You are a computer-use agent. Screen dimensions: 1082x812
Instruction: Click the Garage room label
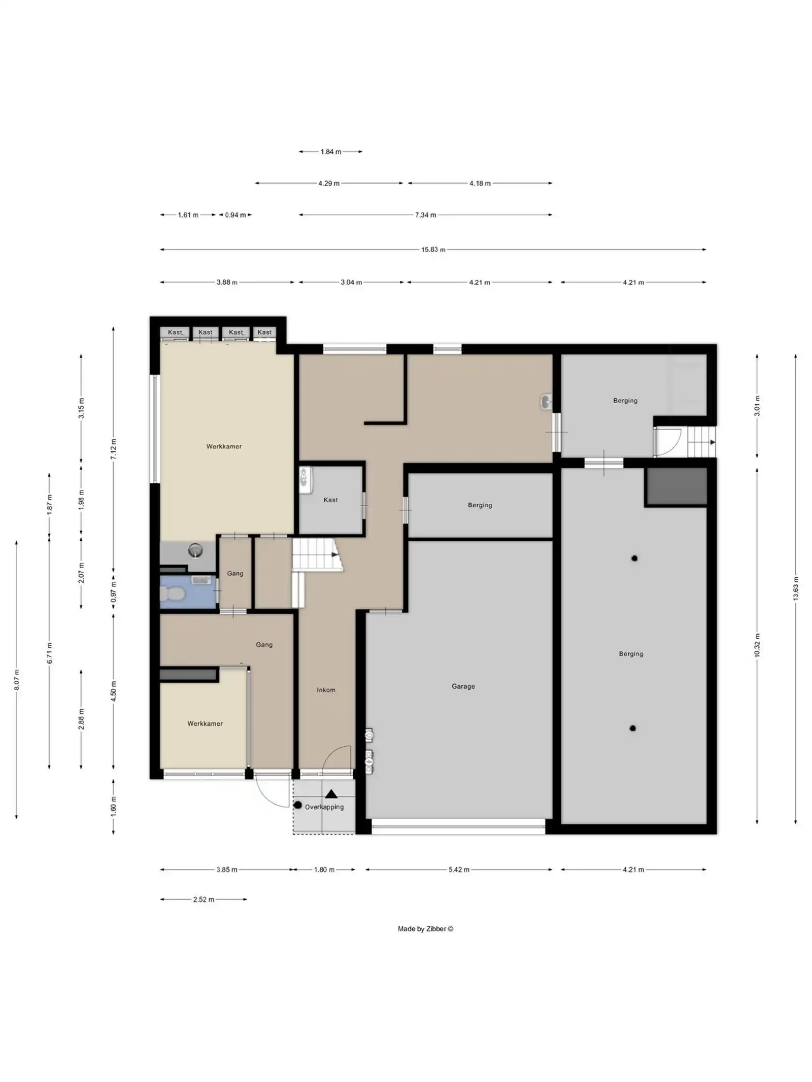tap(463, 686)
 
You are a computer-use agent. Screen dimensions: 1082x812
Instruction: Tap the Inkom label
tap(326, 689)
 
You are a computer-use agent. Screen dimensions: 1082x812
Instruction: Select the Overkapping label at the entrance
tap(324, 807)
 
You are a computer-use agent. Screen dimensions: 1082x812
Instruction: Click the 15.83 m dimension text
tap(433, 250)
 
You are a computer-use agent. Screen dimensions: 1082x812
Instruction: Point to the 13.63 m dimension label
tap(795, 588)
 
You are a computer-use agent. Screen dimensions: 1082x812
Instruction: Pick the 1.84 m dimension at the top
tap(330, 152)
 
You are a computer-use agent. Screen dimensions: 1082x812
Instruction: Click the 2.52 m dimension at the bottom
tap(204, 899)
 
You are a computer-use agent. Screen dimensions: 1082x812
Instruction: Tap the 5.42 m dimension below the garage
tap(459, 869)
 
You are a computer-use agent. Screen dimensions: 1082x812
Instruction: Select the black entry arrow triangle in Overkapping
tap(331, 794)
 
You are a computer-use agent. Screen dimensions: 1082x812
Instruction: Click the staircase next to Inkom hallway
tap(316, 554)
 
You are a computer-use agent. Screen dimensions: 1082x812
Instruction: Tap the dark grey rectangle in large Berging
tap(675, 486)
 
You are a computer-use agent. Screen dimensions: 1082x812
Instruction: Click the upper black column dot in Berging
tap(634, 559)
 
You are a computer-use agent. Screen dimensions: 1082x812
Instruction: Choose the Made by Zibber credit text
tap(425, 929)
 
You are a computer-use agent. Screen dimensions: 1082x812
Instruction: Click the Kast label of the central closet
tap(330, 500)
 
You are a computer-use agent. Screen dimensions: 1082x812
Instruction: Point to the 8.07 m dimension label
tap(17, 680)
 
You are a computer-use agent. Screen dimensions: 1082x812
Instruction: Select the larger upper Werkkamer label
tap(224, 446)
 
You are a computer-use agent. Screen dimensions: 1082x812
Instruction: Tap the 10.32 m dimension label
tap(757, 645)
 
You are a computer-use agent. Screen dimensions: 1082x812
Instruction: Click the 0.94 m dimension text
tap(235, 215)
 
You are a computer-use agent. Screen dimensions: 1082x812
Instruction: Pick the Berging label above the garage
tap(480, 505)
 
